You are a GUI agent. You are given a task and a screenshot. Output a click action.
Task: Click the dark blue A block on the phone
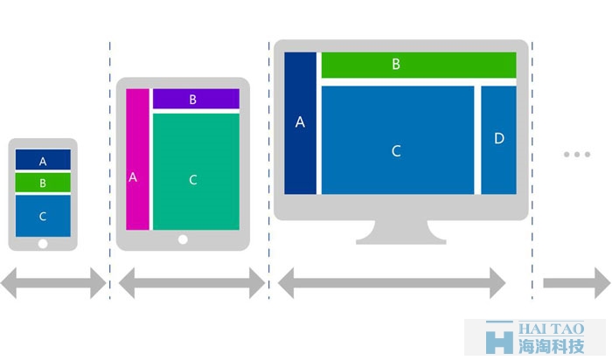click(x=43, y=160)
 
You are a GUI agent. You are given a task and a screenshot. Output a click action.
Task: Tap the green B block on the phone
click(x=43, y=183)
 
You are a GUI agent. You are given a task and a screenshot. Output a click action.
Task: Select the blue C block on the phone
click(x=43, y=216)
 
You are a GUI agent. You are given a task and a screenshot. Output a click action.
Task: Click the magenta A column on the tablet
click(x=137, y=159)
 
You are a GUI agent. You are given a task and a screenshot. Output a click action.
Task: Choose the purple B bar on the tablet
click(x=196, y=99)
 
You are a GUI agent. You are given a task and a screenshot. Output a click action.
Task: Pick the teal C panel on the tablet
click(x=196, y=171)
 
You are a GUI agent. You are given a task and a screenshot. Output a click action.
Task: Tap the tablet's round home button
click(x=183, y=239)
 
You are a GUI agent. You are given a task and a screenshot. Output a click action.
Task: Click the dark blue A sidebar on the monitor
click(x=300, y=123)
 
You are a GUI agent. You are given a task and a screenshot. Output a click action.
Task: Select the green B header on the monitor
click(x=419, y=65)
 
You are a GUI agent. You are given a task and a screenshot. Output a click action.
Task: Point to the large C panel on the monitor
click(x=398, y=140)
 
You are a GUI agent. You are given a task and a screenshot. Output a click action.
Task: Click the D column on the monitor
click(x=499, y=140)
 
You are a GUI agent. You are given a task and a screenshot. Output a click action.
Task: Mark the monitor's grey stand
click(x=400, y=232)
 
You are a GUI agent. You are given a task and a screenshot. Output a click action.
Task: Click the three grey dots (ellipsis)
click(x=577, y=155)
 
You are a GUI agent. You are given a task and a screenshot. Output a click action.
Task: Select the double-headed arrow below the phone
click(x=53, y=283)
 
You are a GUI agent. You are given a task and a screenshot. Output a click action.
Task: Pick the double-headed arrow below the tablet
click(x=191, y=283)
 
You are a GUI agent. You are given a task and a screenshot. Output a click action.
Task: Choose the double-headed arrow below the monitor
click(x=392, y=283)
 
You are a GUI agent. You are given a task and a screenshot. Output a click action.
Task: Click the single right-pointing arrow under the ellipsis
click(x=577, y=283)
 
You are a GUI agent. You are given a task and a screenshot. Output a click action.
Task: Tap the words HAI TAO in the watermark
click(x=551, y=329)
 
